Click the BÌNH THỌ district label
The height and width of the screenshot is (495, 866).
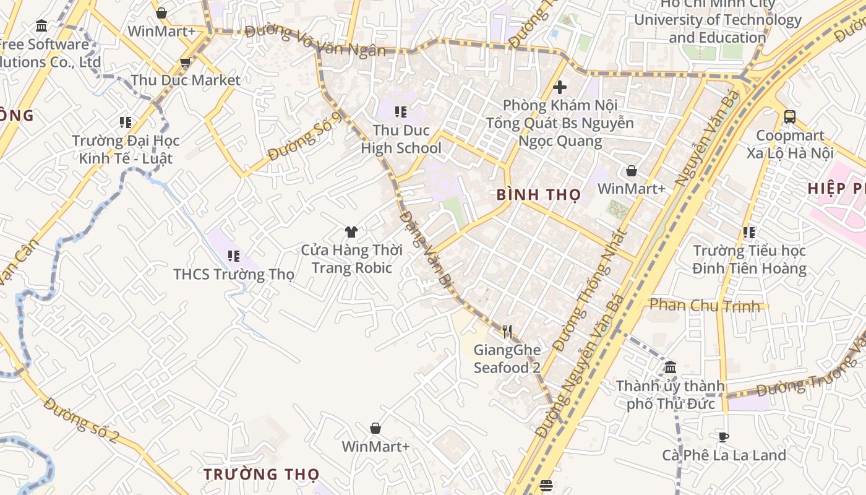[538, 195]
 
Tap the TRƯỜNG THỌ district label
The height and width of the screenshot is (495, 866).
[262, 475]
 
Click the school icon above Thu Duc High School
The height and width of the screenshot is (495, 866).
[401, 112]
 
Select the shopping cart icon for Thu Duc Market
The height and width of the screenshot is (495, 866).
[185, 62]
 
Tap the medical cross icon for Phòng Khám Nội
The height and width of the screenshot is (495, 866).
[560, 87]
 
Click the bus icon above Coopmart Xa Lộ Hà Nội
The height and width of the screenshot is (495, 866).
[790, 117]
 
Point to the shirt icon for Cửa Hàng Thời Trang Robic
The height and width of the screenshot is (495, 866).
[351, 232]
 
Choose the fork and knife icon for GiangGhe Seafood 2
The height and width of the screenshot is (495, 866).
[507, 332]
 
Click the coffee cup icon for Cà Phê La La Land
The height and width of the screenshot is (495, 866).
[724, 437]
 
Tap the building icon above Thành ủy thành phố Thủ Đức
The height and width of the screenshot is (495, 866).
[671, 368]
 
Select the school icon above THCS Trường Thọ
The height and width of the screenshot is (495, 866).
[234, 256]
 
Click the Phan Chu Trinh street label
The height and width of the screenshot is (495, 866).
[705, 305]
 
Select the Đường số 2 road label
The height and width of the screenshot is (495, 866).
[82, 420]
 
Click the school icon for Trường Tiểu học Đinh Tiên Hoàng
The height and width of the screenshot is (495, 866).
[749, 233]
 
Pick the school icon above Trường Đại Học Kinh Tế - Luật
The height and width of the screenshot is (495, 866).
[126, 123]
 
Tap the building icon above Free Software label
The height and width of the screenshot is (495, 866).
[42, 26]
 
